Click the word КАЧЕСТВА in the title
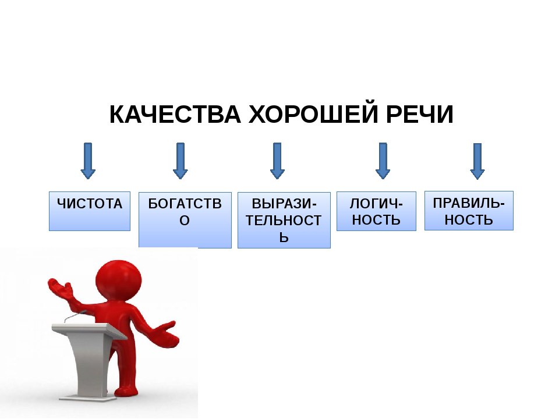[x=175, y=115]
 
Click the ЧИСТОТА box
[x=90, y=211]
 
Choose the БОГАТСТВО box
[x=185, y=220]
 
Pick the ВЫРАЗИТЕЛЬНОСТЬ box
[x=284, y=220]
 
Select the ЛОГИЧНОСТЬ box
[x=377, y=211]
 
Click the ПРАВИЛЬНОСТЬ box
[x=469, y=211]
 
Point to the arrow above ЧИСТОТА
[x=88, y=161]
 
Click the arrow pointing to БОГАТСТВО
[x=181, y=161]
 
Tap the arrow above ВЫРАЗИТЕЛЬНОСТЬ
[x=277, y=161]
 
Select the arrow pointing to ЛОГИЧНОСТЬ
[x=383, y=161]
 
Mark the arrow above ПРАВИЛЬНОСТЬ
[x=477, y=161]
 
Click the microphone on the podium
[x=75, y=315]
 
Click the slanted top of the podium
[x=89, y=329]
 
